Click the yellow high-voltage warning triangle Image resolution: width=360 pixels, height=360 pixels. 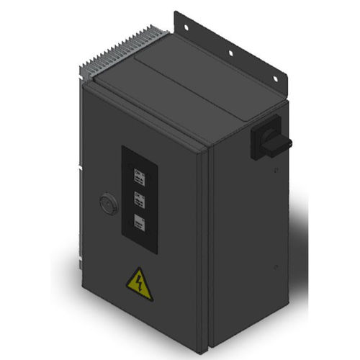(x=139, y=285)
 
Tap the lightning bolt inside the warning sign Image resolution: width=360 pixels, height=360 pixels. (x=139, y=287)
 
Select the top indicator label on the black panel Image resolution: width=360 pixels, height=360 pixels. (x=140, y=176)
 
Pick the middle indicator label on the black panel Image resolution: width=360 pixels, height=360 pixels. (x=140, y=199)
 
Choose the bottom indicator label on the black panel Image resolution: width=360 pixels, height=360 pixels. (x=140, y=223)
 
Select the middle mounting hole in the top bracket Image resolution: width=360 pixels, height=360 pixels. (x=231, y=52)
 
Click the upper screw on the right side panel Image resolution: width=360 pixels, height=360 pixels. (x=276, y=171)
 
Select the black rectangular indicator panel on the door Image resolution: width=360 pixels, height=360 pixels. (x=140, y=197)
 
